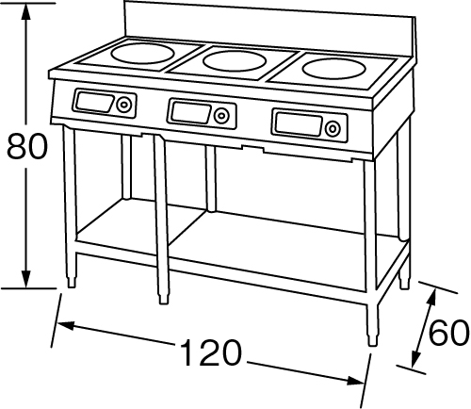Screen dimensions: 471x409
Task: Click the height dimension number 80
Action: point(27,146)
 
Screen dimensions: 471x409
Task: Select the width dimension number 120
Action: point(212,352)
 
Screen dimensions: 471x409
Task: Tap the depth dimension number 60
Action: point(449,333)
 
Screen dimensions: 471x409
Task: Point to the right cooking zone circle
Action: point(331,70)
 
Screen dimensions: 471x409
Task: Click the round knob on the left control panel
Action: point(124,105)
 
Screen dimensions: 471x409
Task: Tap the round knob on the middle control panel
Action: point(221,116)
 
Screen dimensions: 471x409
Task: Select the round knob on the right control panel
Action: point(333,128)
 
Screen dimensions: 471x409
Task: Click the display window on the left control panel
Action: point(94,102)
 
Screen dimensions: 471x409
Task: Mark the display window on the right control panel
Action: point(299,125)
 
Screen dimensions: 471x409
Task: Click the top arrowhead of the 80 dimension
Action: point(25,12)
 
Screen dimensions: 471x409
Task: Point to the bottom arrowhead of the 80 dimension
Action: point(26,278)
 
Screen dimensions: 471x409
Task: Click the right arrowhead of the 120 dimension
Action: point(355,381)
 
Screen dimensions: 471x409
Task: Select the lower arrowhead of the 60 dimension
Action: point(416,358)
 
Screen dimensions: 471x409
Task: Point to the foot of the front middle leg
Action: point(163,299)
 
